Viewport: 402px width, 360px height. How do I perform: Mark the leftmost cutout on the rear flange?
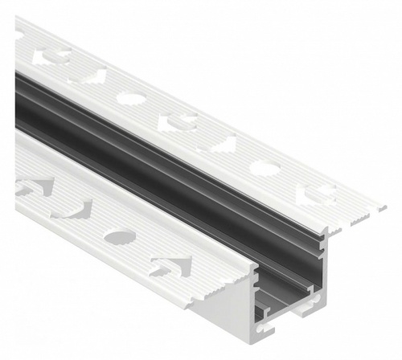[x=50, y=58]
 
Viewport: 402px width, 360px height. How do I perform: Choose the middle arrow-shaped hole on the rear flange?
[x=178, y=122]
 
